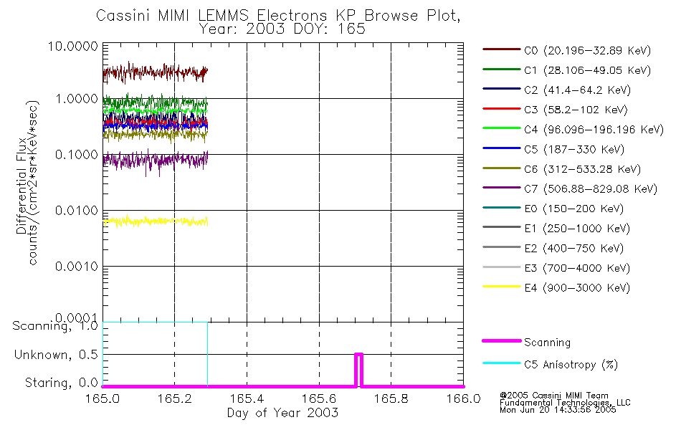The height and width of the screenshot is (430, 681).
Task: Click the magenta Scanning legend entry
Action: pyautogui.click(x=547, y=343)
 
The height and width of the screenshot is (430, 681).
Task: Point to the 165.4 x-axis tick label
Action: pyautogui.click(x=247, y=398)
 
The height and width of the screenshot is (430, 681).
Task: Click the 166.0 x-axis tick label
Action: pyautogui.click(x=463, y=398)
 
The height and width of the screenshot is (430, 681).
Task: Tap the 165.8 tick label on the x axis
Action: pyautogui.click(x=391, y=398)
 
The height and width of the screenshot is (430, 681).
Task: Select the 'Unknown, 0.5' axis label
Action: pyautogui.click(x=61, y=355)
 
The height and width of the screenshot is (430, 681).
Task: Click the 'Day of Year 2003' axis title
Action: pyautogui.click(x=282, y=413)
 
